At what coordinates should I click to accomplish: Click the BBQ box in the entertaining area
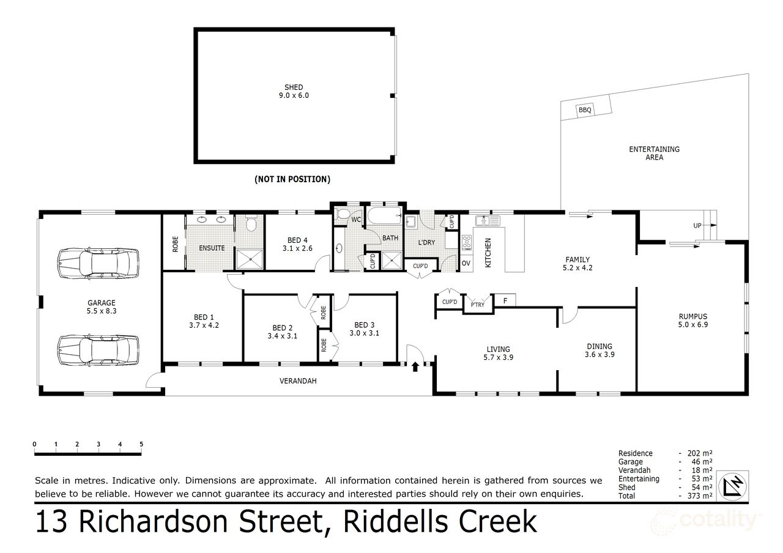tap(585, 110)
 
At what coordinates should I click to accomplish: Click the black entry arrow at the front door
tap(415, 366)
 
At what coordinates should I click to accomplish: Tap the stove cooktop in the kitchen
tap(468, 243)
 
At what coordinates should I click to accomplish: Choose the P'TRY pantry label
tap(477, 305)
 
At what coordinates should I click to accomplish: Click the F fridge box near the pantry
tap(505, 300)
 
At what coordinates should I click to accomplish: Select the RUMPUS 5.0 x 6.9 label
tap(693, 321)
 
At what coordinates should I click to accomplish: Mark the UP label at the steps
tap(697, 226)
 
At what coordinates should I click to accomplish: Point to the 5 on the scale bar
tap(141, 444)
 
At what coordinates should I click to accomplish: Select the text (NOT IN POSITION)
tap(292, 179)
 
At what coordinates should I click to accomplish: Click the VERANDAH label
tap(298, 380)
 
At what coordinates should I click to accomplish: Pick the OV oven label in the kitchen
tap(466, 263)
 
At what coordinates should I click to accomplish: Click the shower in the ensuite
tap(249, 259)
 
